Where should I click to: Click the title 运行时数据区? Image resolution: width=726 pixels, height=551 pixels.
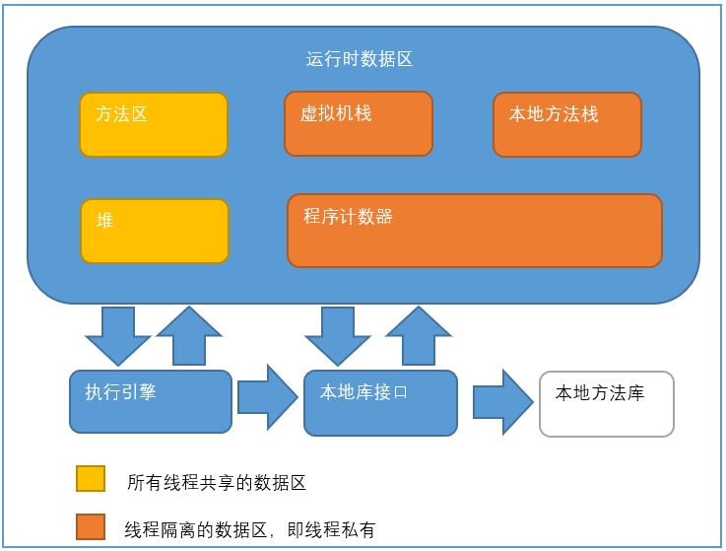coord(359,59)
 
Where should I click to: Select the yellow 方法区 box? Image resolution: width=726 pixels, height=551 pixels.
coord(154,125)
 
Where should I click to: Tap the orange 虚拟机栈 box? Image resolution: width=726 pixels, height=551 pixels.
coord(359,123)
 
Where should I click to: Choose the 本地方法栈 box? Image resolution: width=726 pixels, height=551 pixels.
coord(567,125)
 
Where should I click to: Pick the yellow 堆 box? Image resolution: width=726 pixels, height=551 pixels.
coord(155,232)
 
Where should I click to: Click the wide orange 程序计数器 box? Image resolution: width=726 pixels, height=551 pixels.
coord(475,231)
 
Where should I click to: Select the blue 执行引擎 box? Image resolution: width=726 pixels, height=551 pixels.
coord(151,401)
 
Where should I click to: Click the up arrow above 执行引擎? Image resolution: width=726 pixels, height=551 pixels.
coord(190,335)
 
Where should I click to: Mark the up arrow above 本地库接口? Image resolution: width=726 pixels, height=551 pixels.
coord(419,335)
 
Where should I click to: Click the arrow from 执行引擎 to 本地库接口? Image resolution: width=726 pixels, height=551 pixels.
coord(267,397)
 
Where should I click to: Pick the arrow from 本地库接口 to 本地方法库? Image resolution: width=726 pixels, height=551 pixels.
coord(501,400)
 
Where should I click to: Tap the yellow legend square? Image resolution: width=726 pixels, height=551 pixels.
coord(91,479)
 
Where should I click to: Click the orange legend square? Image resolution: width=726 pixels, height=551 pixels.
coord(91,527)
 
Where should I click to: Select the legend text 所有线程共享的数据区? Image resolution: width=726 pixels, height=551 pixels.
coord(217,483)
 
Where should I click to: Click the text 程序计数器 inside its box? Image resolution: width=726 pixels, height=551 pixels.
coord(348,216)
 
